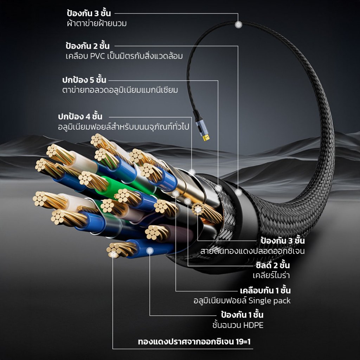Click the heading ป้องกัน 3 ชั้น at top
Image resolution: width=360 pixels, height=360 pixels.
(89, 13)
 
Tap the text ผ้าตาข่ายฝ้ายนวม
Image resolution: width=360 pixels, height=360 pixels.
(97, 23)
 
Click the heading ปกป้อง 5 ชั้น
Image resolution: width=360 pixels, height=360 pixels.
(84, 80)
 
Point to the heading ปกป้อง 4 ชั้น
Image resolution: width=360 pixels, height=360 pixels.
(80, 116)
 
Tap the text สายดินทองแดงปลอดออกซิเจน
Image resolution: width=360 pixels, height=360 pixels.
(252, 251)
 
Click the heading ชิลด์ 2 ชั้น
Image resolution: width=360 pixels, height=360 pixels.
(273, 265)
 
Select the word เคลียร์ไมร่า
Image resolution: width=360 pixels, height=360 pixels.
(271, 275)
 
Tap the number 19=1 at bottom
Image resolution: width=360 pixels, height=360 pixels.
(243, 342)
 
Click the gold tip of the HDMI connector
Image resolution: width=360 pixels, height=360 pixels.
(206, 138)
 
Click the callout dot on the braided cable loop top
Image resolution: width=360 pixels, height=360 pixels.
(238, 25)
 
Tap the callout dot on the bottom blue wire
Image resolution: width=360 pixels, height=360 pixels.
(150, 251)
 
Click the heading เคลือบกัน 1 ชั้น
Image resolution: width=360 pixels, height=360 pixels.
(265, 290)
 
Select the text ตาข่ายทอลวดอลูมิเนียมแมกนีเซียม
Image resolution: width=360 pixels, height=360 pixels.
(120, 90)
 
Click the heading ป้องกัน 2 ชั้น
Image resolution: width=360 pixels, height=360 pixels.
(88, 46)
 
